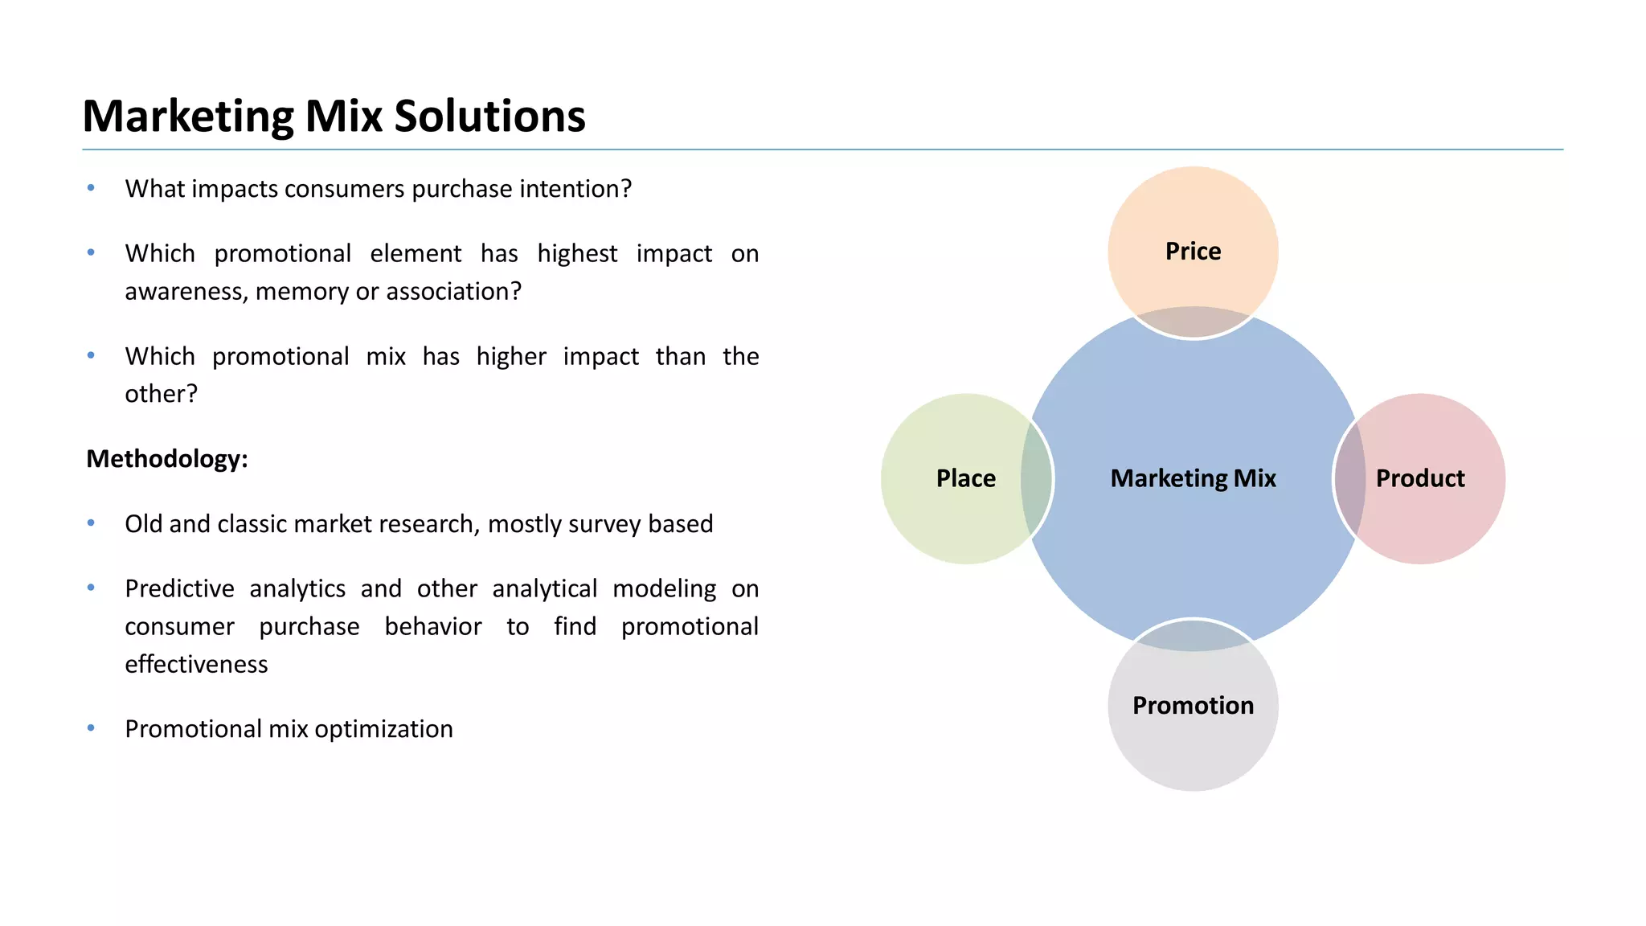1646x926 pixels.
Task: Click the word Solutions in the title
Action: pos(489,117)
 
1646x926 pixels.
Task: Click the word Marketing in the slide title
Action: pos(188,117)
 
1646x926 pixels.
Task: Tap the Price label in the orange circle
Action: pos(1193,251)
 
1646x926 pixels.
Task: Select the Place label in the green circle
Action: pos(965,478)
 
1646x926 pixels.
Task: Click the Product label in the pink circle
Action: pos(1420,478)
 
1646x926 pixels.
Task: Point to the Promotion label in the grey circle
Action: pos(1193,706)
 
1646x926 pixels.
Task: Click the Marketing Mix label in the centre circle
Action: pos(1193,478)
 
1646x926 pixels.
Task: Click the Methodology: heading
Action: pos(167,459)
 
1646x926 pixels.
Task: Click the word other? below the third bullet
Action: pos(161,394)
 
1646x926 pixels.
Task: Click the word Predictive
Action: pos(179,589)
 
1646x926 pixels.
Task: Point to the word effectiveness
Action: pos(196,665)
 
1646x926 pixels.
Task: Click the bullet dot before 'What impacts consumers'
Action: pos(91,188)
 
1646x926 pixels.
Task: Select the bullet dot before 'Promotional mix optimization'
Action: pos(91,728)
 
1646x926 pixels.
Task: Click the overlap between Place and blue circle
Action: pos(1037,478)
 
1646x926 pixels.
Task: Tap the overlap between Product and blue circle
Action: pos(1350,478)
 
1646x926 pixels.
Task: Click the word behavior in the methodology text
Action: pos(432,627)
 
